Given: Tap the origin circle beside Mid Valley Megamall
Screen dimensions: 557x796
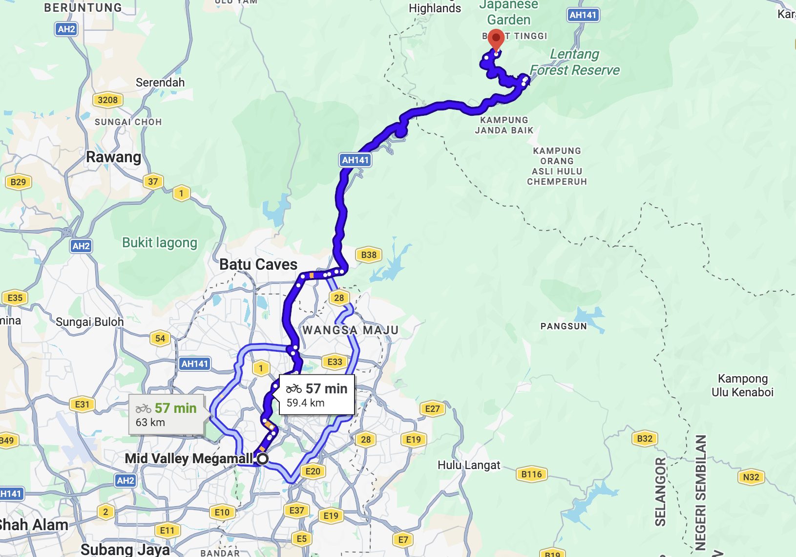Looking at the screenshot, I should (x=263, y=458).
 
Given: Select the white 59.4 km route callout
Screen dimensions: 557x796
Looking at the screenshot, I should (x=316, y=395).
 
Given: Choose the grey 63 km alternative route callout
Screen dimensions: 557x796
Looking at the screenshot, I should (x=166, y=415).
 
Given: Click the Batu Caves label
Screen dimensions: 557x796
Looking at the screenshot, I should (x=258, y=264).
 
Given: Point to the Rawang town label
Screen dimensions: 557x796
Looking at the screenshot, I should (x=113, y=157).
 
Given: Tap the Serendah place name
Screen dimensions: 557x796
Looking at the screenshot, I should (x=160, y=83).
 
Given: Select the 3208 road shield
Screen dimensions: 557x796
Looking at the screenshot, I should (x=107, y=100).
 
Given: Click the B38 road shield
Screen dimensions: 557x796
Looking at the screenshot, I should (x=369, y=255).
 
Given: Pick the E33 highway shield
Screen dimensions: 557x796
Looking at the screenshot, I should (x=335, y=362).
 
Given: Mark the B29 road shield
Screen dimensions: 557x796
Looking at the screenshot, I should (x=18, y=182).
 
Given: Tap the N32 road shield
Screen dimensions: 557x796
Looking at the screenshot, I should (x=751, y=477).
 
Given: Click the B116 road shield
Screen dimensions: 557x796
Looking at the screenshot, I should (x=531, y=474).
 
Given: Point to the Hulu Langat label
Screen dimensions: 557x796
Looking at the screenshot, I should (x=469, y=465).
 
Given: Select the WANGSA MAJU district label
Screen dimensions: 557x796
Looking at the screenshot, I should (x=350, y=330).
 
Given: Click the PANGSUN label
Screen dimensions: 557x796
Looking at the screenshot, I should (x=564, y=326).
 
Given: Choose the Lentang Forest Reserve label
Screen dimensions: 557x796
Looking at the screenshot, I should (x=574, y=62).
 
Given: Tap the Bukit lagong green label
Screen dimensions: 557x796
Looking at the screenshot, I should (x=160, y=242).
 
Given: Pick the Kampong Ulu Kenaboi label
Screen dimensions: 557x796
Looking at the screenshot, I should (x=742, y=385).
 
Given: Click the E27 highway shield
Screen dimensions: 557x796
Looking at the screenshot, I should (x=432, y=408).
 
